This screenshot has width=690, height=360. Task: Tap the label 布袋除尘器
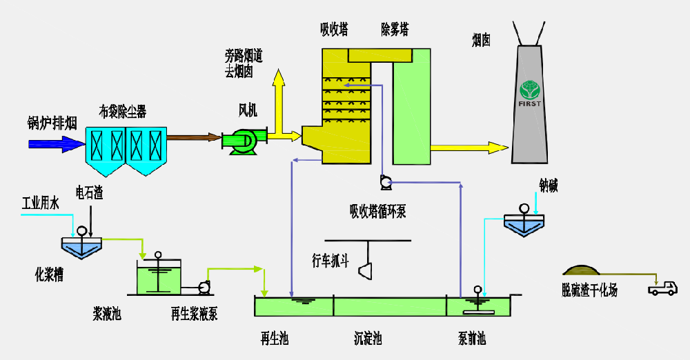pos(123,111)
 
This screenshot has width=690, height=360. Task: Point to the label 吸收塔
pos(334,29)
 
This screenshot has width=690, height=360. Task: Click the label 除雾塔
pos(395,29)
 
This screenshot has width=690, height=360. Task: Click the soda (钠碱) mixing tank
pos(524,224)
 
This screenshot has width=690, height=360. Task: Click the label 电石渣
pos(90,193)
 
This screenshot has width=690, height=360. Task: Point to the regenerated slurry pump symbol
pos(205,287)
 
